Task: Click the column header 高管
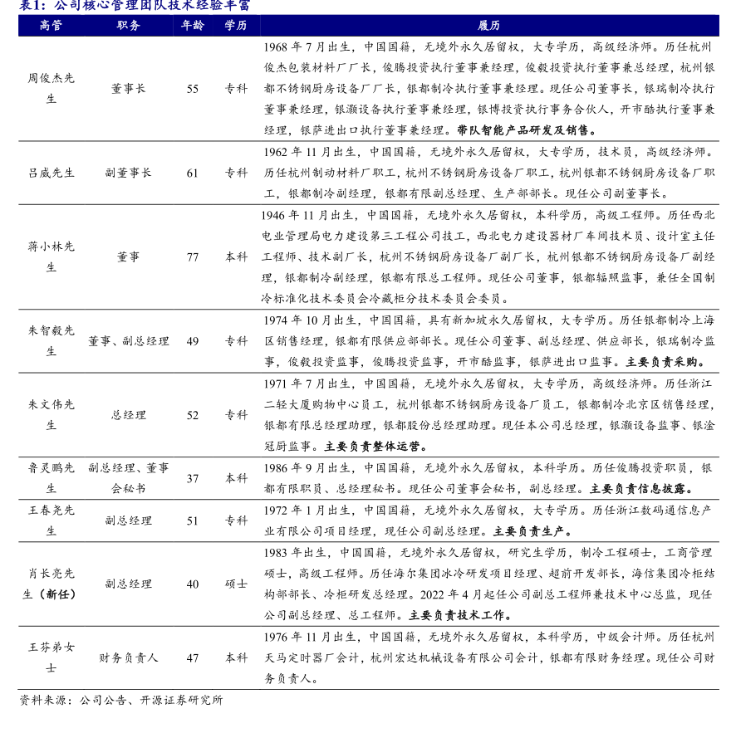[51, 25]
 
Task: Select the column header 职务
[129, 25]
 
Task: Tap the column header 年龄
[193, 25]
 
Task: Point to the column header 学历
[236, 25]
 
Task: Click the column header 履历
[489, 25]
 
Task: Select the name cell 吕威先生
[52, 173]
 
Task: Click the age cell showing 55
[193, 88]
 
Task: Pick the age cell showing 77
[193, 257]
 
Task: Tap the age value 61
[193, 173]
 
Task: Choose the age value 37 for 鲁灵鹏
[193, 478]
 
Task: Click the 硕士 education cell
[236, 584]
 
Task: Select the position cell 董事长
[129, 88]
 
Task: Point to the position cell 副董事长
[129, 173]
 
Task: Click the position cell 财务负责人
[129, 657]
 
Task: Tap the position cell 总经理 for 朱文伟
[129, 415]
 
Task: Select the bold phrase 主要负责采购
[665, 362]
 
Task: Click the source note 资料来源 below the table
[121, 700]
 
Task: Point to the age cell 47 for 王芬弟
[193, 657]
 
